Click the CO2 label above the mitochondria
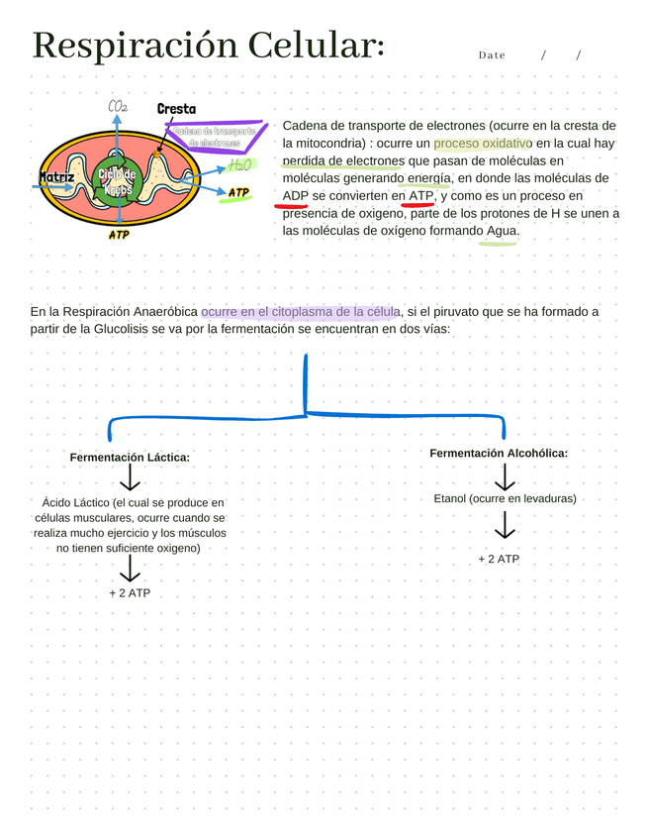tap(117, 107)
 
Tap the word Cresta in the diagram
tap(176, 109)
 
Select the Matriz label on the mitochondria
tap(56, 178)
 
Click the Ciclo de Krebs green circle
tap(117, 181)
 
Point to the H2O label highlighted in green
tap(240, 165)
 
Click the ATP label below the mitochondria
tap(118, 236)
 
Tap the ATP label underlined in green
tap(238, 193)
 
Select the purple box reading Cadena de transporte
tap(214, 137)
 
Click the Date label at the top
tap(492, 55)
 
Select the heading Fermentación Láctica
tap(130, 458)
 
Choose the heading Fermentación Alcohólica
tap(499, 453)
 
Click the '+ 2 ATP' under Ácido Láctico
tap(130, 593)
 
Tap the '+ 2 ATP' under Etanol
tap(499, 559)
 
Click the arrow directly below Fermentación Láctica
tap(130, 479)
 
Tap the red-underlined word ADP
tap(296, 196)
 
